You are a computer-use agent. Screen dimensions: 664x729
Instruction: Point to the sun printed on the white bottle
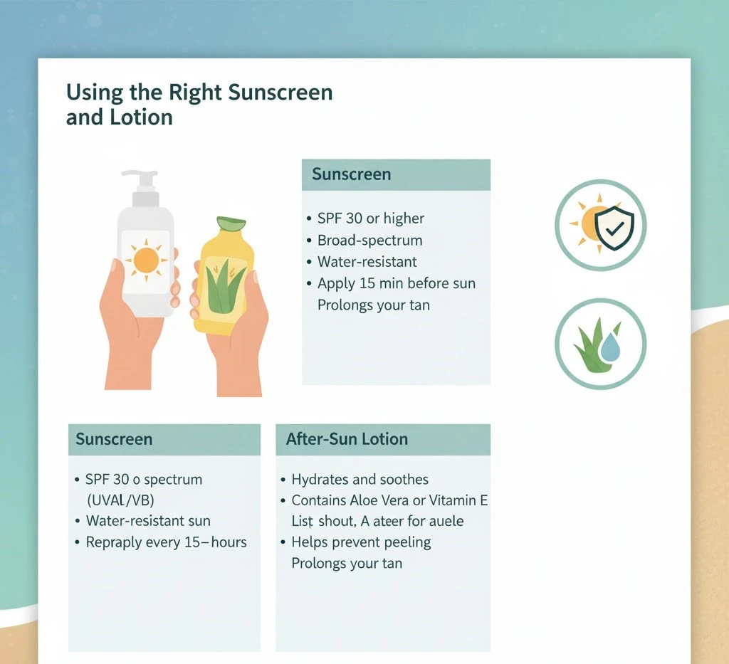[x=146, y=260]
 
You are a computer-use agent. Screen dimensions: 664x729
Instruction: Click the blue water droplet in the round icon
[x=609, y=348]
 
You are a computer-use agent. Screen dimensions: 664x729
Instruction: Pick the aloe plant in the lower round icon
[x=590, y=342]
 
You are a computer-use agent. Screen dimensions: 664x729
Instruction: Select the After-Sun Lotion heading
[x=347, y=438]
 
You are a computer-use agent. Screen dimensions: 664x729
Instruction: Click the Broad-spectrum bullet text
[x=369, y=240]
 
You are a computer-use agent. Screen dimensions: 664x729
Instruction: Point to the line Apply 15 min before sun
[x=396, y=283]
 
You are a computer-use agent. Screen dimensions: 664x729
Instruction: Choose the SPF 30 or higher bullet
[x=370, y=218]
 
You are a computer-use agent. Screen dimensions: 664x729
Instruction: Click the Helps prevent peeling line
[x=361, y=542]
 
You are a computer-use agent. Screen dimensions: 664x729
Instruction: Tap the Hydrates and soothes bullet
[x=360, y=480]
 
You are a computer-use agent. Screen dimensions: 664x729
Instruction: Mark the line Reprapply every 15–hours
[x=166, y=542]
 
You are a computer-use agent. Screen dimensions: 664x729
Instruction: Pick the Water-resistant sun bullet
[x=148, y=521]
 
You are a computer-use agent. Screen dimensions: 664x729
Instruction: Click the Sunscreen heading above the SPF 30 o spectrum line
[x=114, y=439]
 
